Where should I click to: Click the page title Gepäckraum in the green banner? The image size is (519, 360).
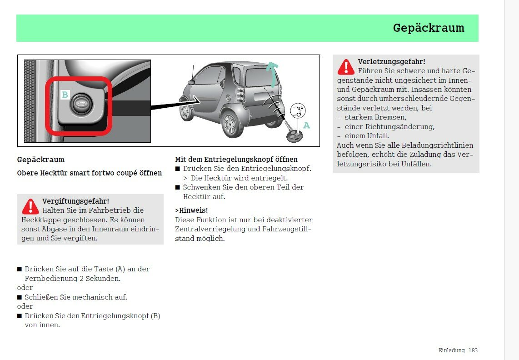(429, 28)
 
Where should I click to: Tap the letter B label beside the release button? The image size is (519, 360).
(65, 95)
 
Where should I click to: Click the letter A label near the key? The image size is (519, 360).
(307, 125)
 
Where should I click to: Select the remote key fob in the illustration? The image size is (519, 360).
(294, 135)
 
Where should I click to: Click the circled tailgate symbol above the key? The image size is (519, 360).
(298, 110)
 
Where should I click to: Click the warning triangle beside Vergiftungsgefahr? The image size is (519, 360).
(30, 207)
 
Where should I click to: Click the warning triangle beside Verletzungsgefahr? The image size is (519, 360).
(346, 67)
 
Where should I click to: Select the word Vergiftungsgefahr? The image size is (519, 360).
(75, 201)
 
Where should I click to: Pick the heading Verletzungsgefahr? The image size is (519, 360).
(391, 61)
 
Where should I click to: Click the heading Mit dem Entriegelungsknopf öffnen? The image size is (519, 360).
(236, 160)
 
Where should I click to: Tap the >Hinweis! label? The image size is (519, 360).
(191, 210)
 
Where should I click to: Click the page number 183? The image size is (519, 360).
(473, 350)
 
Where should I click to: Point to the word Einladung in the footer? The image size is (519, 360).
(451, 350)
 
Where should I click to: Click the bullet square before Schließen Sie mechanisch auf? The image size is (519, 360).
(20, 297)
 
